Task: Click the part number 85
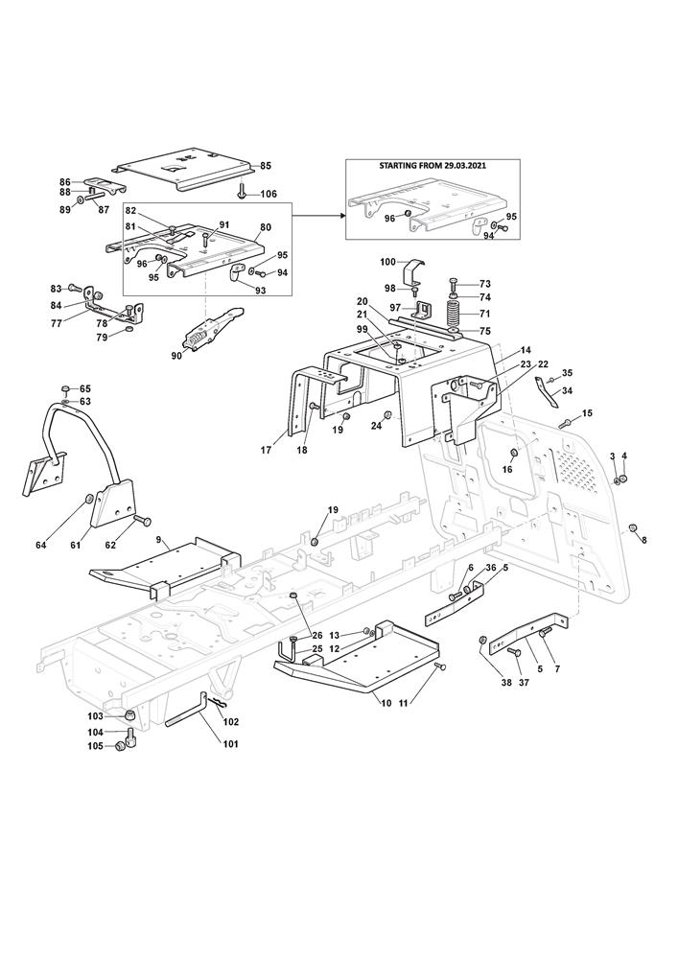(x=266, y=166)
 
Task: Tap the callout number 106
(x=269, y=194)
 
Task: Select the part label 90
(x=175, y=356)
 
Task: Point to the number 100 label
(x=387, y=262)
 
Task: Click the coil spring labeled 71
(x=453, y=313)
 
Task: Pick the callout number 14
(x=525, y=351)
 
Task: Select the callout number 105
(x=95, y=745)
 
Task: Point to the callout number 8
(x=643, y=541)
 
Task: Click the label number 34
(x=567, y=390)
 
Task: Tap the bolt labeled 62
(x=143, y=521)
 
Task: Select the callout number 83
(x=56, y=288)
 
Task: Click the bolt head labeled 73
(x=455, y=283)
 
